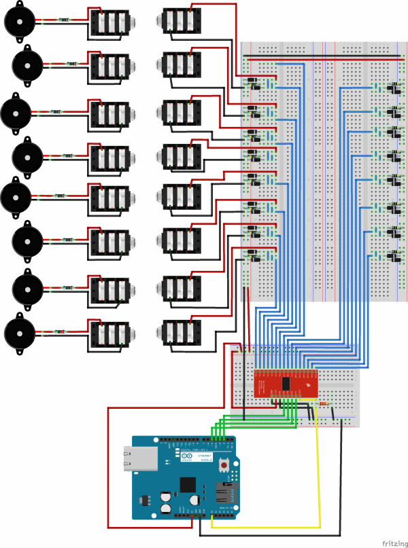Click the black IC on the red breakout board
pos(286,384)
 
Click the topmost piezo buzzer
pos(18,22)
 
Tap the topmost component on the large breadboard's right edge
pos(392,88)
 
